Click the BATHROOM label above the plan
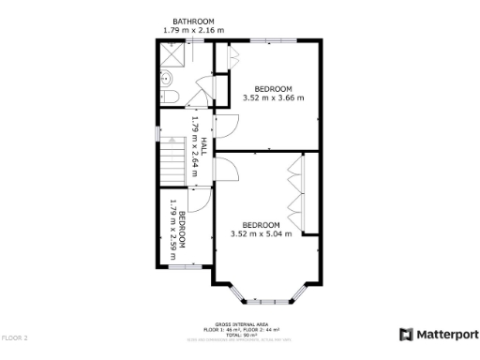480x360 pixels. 193,22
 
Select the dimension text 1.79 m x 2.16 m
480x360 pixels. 193,31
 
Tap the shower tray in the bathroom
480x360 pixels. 169,59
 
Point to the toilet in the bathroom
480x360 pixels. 169,97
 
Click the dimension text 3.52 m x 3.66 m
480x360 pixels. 273,97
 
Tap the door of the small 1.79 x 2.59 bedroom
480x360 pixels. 200,198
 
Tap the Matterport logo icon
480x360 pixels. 406,335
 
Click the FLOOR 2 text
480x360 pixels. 15,337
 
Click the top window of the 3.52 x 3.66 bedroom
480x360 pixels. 274,40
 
